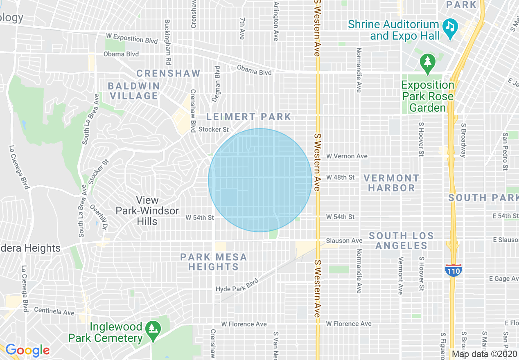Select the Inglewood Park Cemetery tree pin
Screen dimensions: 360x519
[x=153, y=329]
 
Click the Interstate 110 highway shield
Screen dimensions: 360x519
[x=453, y=270]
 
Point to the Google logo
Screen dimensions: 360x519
[x=27, y=350]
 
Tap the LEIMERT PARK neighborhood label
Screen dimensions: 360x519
[x=248, y=117]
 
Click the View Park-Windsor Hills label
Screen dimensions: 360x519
[x=147, y=211]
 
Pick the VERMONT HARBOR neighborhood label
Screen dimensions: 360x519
[x=391, y=183]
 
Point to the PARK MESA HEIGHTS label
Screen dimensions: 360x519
[x=213, y=262]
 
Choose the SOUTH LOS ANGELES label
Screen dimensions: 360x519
[x=401, y=241]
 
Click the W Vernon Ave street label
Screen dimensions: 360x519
[x=347, y=156]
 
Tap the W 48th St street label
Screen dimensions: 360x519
[x=340, y=178]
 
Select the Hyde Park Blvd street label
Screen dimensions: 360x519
[x=237, y=286]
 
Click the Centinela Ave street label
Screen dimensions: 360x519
[x=54, y=311]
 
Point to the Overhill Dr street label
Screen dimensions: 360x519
[x=98, y=216]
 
